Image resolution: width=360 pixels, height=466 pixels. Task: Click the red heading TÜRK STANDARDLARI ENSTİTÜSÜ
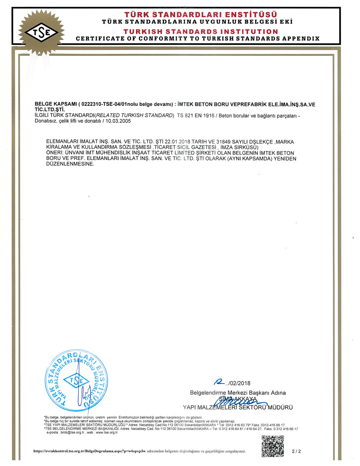(200, 15)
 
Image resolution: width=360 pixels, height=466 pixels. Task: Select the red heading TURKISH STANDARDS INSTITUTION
(200, 32)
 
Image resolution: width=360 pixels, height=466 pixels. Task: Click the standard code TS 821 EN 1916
(195, 116)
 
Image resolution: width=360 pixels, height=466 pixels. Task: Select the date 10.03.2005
(118, 121)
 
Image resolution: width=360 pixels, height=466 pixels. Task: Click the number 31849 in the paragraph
(224, 142)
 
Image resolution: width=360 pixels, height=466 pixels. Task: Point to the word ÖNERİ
(54, 153)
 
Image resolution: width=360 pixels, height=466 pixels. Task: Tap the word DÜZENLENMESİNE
(70, 164)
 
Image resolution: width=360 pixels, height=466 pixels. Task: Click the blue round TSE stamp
(77, 381)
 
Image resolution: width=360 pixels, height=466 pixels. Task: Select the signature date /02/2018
(239, 383)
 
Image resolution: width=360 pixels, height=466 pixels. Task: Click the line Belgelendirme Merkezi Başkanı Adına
(238, 393)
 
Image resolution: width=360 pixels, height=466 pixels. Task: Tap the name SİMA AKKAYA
(238, 399)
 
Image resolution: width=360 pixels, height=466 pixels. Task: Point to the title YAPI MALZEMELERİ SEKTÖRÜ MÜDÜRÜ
(238, 407)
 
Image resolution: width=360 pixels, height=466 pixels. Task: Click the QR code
(272, 446)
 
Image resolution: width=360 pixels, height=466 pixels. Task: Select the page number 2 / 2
(296, 451)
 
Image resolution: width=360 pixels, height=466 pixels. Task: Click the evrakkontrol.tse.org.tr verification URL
(90, 451)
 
